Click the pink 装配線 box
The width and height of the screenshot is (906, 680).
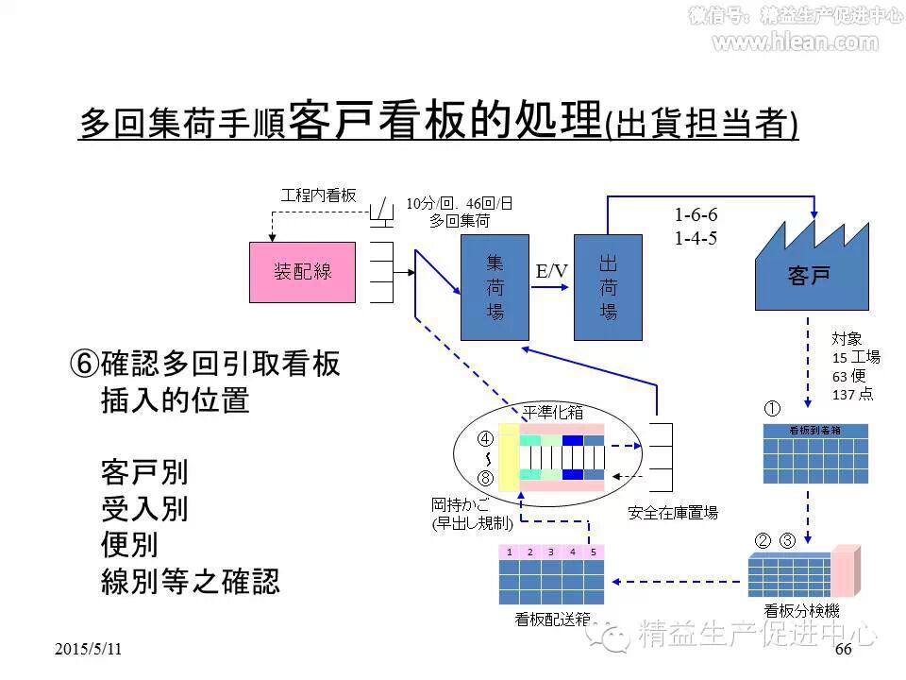click(x=302, y=272)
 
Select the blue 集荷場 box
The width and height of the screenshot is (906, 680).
click(x=495, y=287)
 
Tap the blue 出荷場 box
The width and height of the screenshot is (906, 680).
click(x=608, y=287)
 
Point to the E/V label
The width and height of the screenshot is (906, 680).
click(x=552, y=272)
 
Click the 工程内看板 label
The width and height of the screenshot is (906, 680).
click(x=318, y=195)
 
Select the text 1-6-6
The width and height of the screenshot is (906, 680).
click(x=696, y=215)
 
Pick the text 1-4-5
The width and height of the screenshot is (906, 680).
click(x=696, y=238)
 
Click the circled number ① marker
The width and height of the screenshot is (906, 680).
click(x=772, y=409)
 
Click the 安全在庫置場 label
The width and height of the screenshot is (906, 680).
click(x=673, y=513)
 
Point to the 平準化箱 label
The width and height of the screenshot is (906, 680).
click(x=553, y=412)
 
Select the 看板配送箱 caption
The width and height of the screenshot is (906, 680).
click(x=553, y=620)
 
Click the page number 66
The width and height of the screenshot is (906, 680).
click(x=843, y=651)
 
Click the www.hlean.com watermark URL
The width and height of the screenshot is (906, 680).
click(x=794, y=42)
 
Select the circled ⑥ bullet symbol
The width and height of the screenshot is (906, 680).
click(x=84, y=365)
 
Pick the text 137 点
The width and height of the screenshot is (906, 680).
click(x=852, y=394)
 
